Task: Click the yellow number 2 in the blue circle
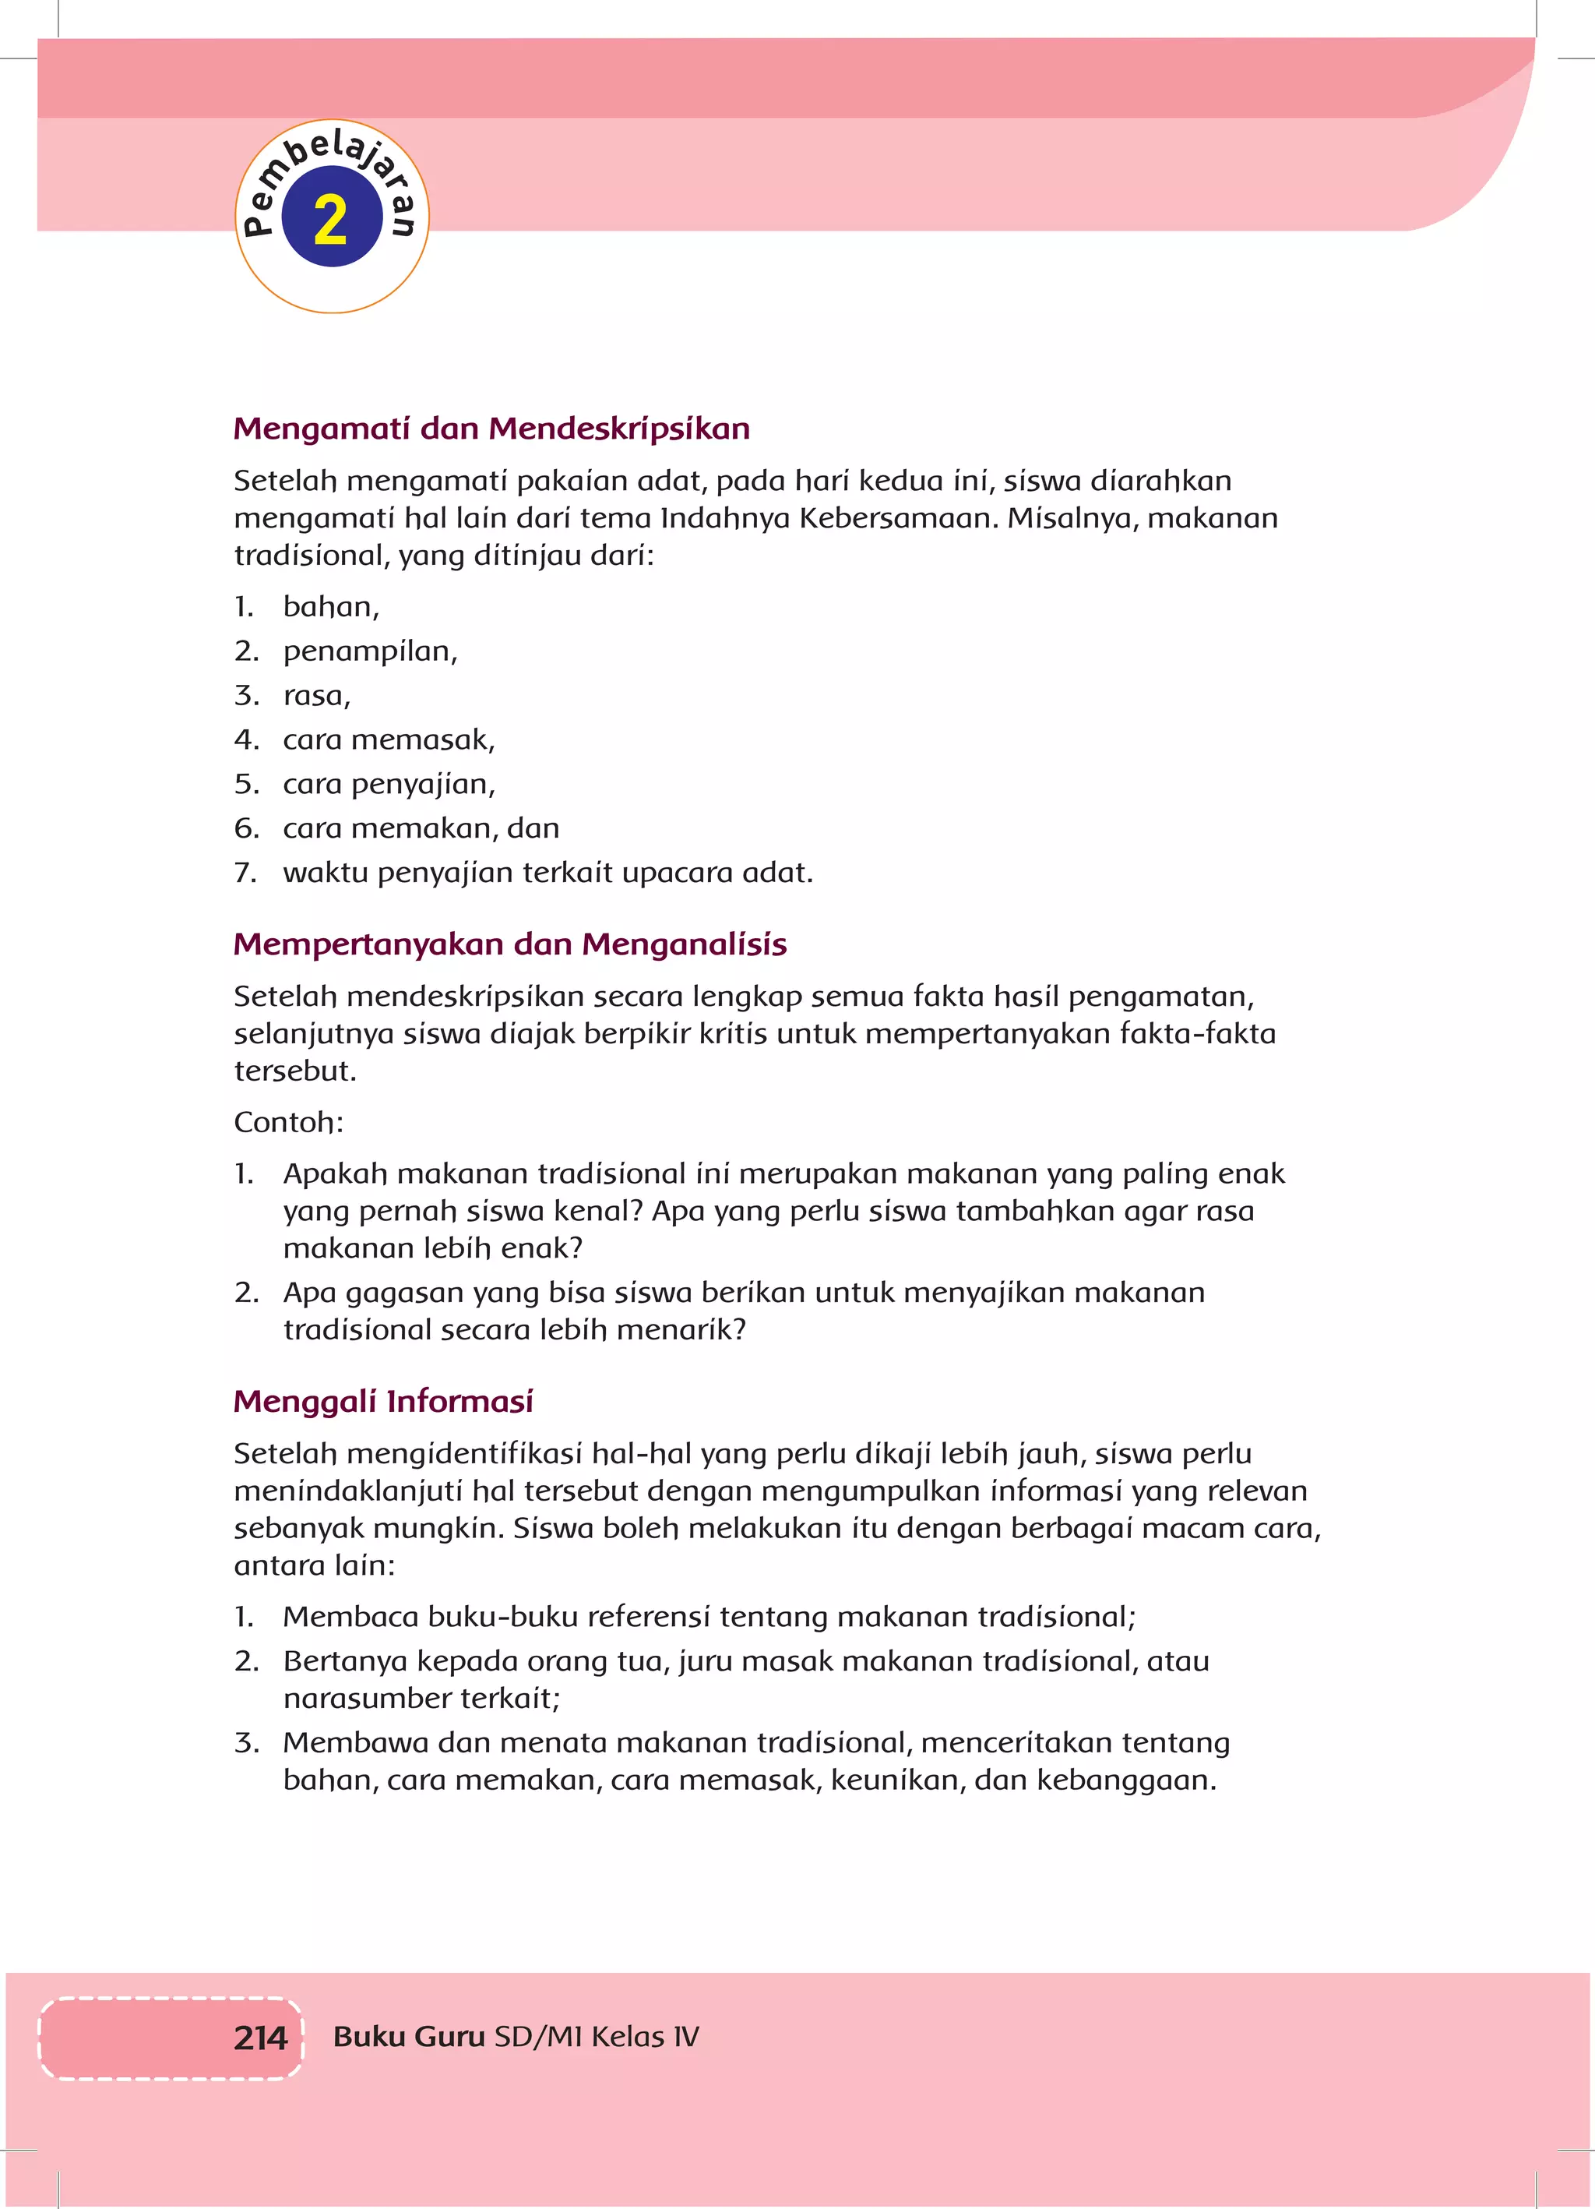coord(331,219)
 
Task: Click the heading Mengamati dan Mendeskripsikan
coord(491,429)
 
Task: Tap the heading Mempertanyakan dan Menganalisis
coord(510,944)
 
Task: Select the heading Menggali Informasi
coord(384,1401)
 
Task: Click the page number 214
coord(260,2038)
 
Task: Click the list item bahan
coord(330,607)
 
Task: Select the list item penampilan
coord(369,651)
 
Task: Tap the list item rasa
coord(315,695)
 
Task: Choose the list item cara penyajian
coord(389,784)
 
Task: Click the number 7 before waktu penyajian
coord(245,873)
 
